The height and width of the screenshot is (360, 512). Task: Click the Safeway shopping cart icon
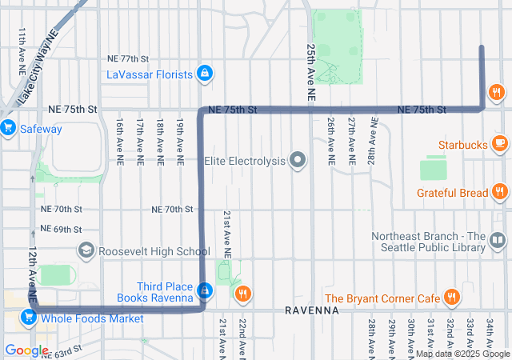[x=9, y=127]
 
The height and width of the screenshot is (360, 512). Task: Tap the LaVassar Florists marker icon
[x=206, y=74]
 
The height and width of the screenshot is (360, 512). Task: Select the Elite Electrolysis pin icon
[x=298, y=161]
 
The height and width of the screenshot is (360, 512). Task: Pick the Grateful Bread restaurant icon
[x=499, y=192]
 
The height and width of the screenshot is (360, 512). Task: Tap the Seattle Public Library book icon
[x=498, y=240]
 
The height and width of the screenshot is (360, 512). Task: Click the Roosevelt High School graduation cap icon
[x=86, y=251]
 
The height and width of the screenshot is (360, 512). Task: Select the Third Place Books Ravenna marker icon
[x=206, y=290]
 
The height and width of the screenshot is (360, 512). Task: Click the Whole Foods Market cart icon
[x=29, y=318]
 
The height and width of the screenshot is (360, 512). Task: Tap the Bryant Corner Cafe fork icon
[x=452, y=298]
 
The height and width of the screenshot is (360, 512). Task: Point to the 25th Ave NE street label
[x=310, y=72]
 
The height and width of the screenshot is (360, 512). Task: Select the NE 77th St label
[x=129, y=59]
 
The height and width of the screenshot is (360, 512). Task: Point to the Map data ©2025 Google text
[x=462, y=354]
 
